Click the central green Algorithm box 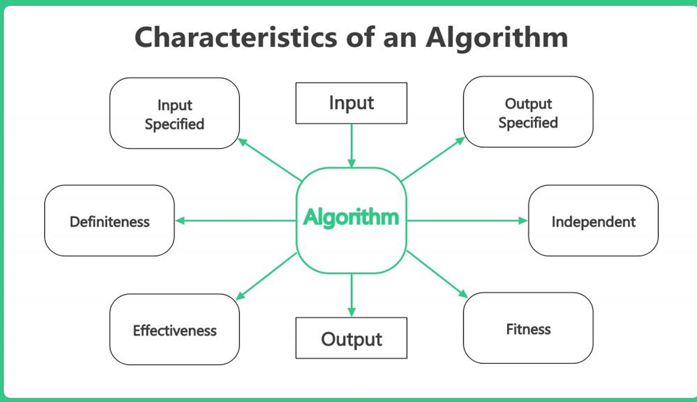pos(351,220)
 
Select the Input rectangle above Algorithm pos(351,103)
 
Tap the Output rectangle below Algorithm pos(351,338)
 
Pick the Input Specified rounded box pos(174,113)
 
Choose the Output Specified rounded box pos(528,111)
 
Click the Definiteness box pos(110,220)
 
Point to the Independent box pos(593,220)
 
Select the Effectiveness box pos(174,329)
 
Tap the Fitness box pos(528,328)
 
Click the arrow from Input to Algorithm pos(351,146)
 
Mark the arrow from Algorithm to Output pos(351,295)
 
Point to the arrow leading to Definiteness pos(235,220)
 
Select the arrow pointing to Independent pos(467,220)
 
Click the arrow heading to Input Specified pos(270,160)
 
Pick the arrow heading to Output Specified pos(432,159)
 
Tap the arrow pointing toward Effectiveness pos(266,276)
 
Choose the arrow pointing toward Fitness pos(437,274)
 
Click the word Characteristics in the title pos(236,37)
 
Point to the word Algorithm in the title pos(497,38)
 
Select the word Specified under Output pos(528,123)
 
